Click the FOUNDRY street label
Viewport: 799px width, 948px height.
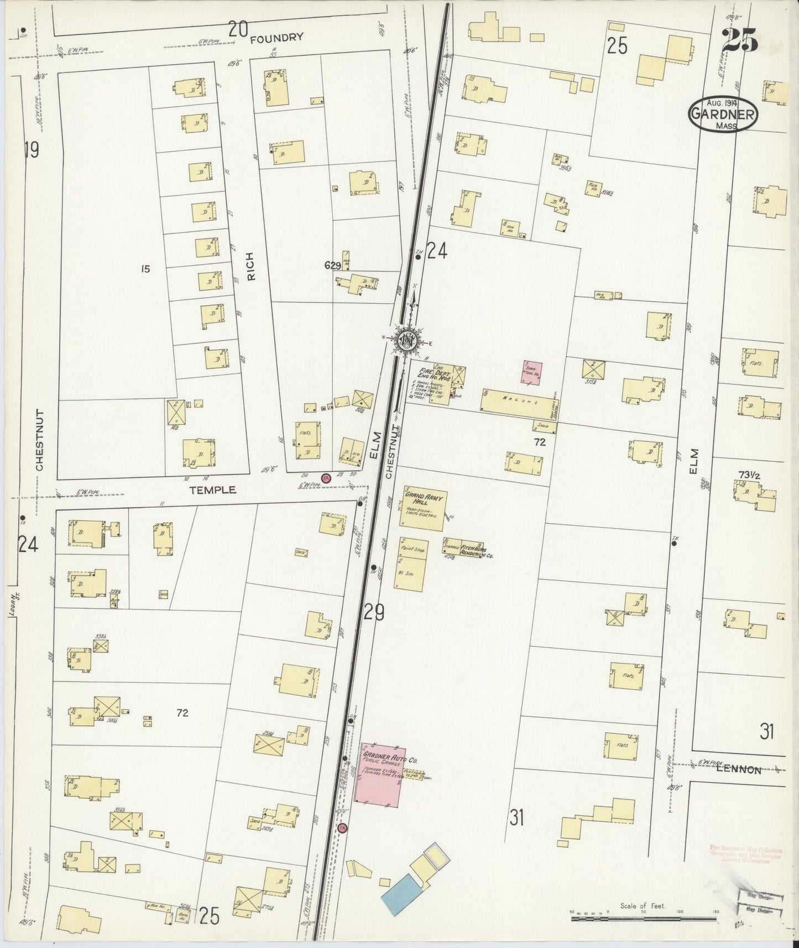coord(276,38)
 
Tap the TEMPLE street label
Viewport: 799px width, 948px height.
coord(213,490)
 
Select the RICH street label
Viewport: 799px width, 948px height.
coord(250,267)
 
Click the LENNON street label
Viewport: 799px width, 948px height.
coord(738,770)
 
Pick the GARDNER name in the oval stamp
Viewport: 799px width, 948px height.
coord(722,115)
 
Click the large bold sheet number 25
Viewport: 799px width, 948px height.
coord(740,40)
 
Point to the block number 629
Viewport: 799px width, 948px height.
coord(332,266)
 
